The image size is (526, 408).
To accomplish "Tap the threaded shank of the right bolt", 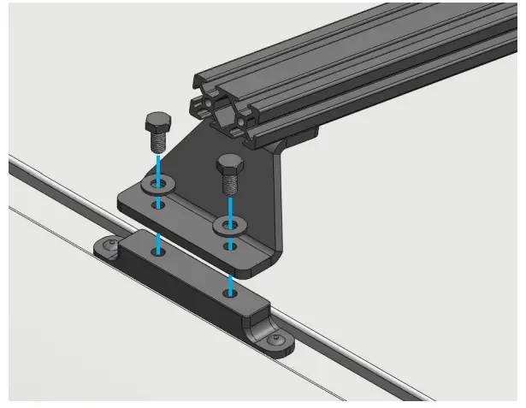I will tap(230, 182).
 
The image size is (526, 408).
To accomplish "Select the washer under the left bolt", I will tap(157, 184).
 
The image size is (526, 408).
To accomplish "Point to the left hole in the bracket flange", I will tap(157, 205).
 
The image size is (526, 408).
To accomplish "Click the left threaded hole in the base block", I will tap(157, 251).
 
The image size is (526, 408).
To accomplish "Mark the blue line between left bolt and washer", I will tap(157, 165).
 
